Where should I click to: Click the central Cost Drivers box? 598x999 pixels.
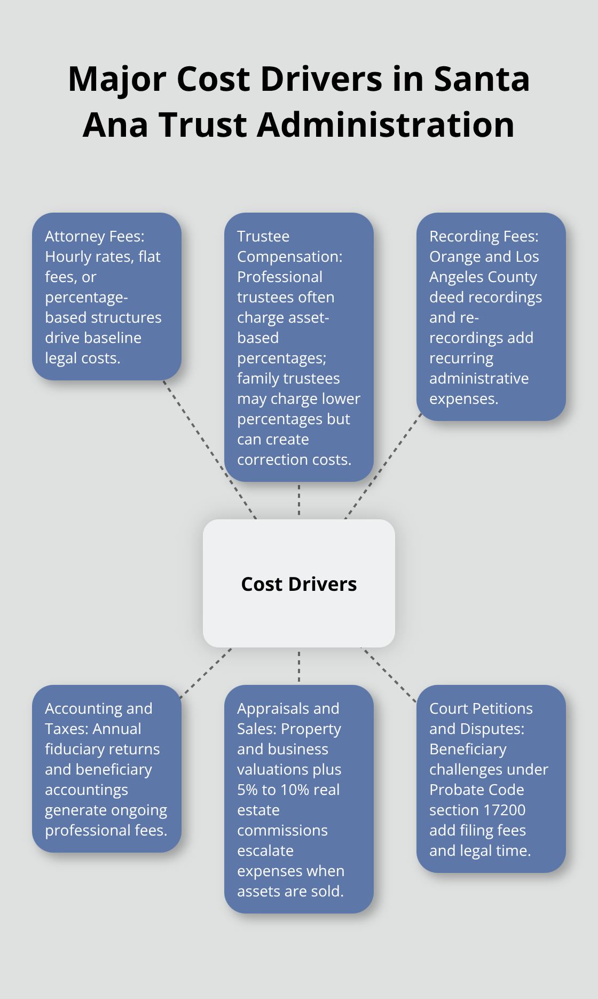(299, 583)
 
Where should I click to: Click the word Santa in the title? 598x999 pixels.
(482, 79)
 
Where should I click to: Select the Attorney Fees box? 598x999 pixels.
(107, 296)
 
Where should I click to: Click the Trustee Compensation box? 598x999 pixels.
(299, 347)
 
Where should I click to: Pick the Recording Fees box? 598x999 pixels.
(491, 317)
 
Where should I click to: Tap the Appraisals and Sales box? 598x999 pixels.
(299, 799)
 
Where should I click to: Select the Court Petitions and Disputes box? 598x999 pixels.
(491, 778)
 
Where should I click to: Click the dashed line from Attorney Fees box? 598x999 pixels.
(209, 449)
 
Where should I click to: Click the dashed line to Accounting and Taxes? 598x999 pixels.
(206, 673)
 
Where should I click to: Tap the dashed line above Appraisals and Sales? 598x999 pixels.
(299, 666)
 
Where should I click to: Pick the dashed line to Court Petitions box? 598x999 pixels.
(389, 674)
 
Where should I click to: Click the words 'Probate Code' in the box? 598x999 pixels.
(476, 790)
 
